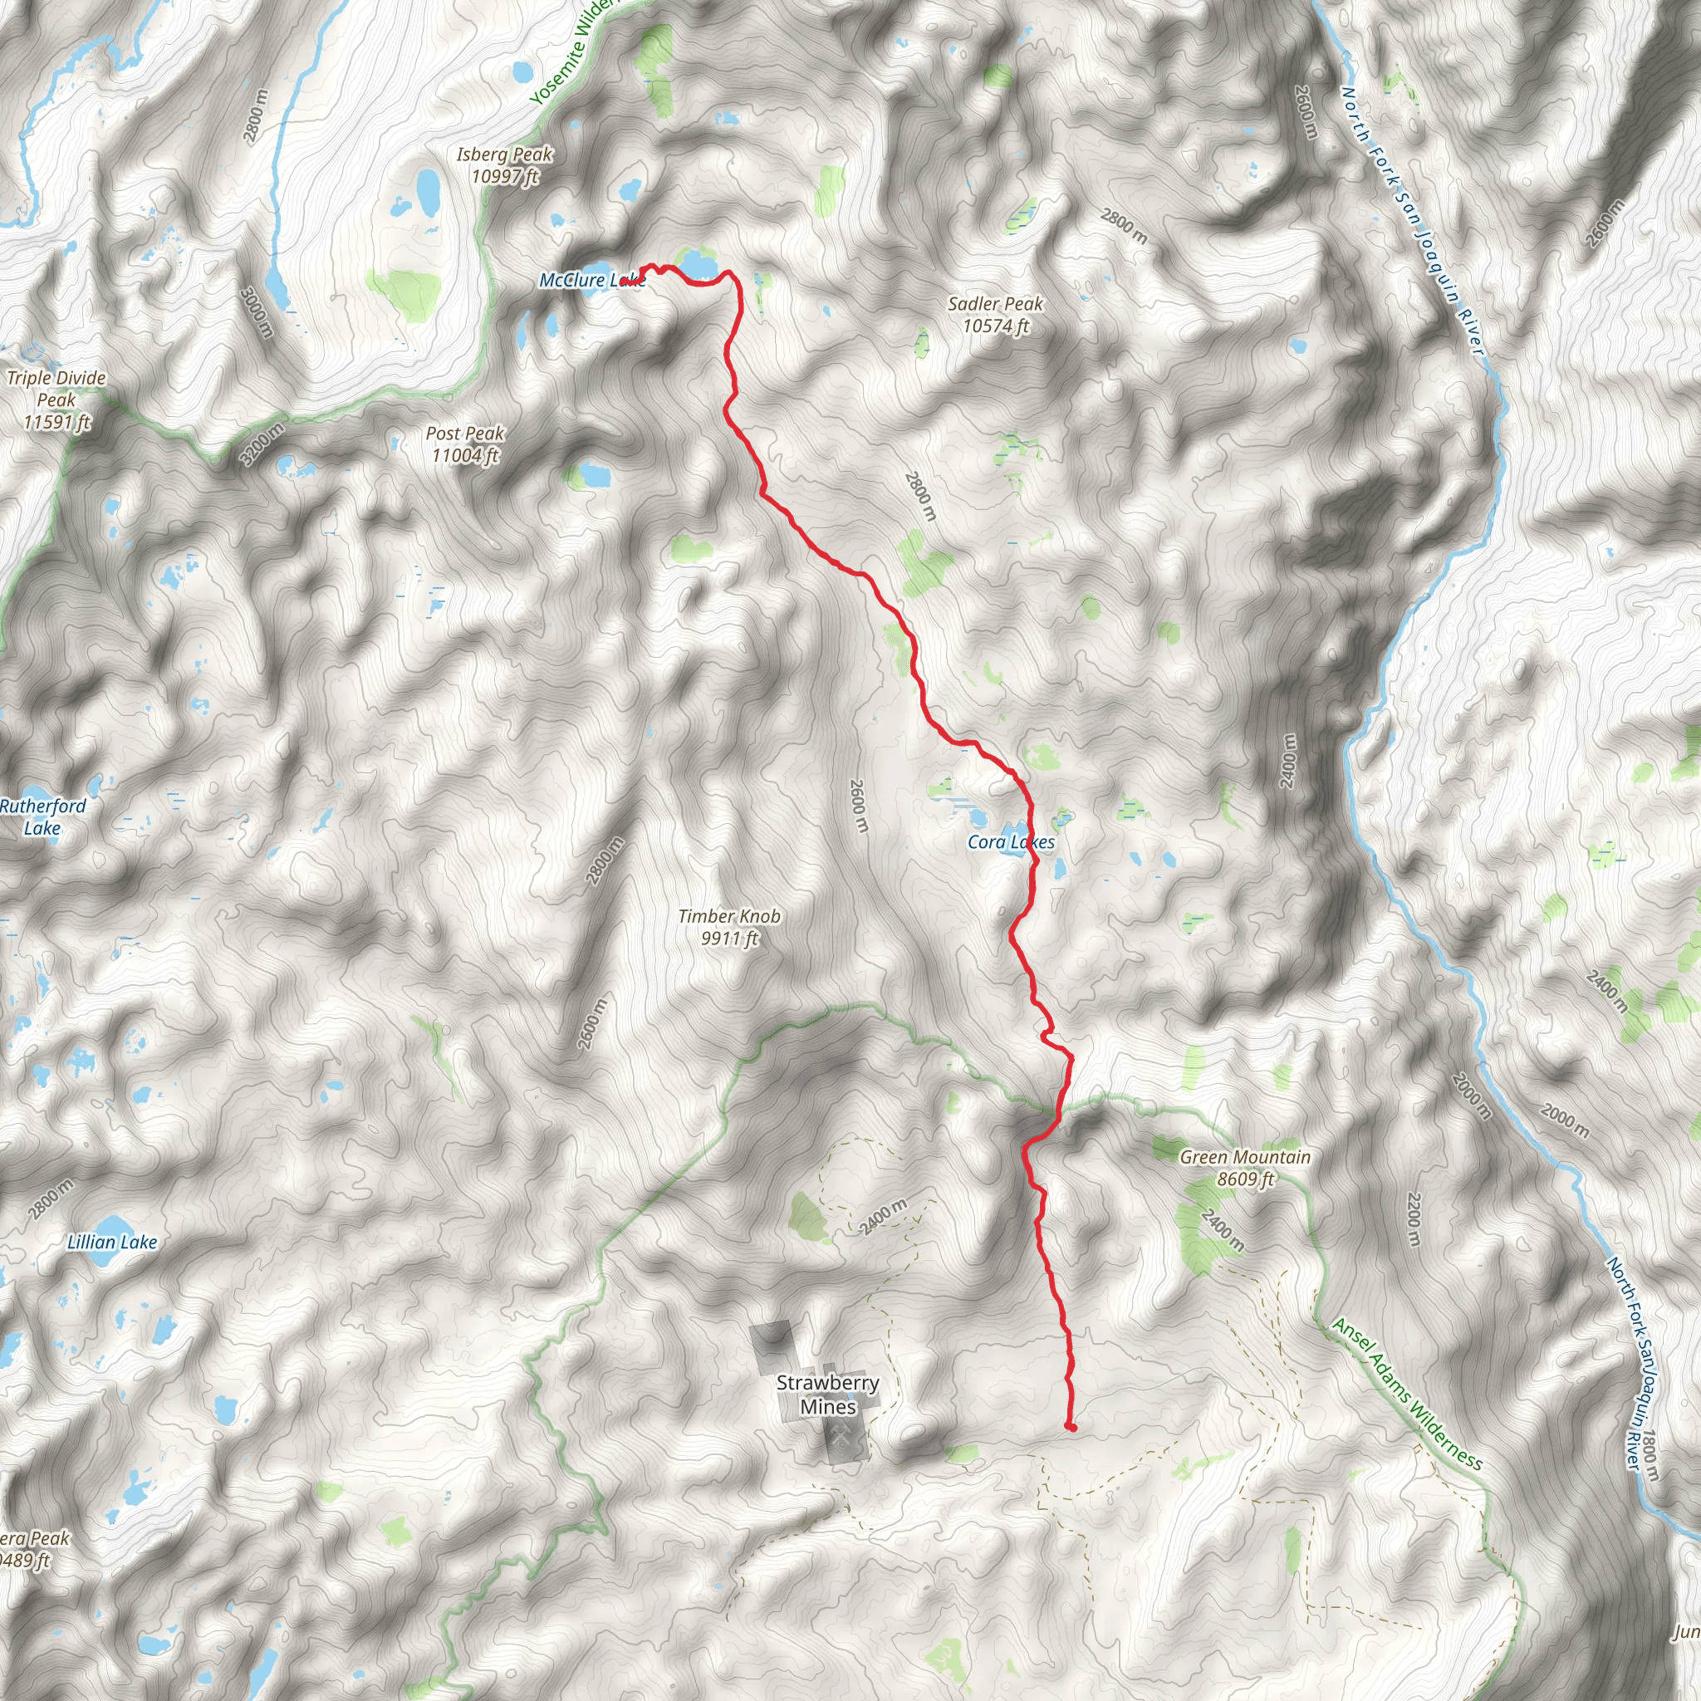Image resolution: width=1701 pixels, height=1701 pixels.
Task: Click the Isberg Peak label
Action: pos(504,165)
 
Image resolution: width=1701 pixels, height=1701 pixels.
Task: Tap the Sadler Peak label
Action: pos(995,315)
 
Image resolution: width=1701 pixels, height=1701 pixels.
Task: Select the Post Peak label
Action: pos(465,444)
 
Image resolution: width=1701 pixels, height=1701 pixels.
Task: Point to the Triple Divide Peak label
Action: pos(56,400)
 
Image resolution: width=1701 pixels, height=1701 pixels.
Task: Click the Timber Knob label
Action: pos(729,927)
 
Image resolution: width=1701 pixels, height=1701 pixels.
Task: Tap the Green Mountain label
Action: pos(1245,1168)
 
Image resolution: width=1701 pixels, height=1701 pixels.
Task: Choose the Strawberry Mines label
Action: pos(827,1395)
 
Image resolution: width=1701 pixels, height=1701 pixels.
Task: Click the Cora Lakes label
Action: pos(1011,841)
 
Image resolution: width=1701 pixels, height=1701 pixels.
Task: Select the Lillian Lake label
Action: pos(112,1243)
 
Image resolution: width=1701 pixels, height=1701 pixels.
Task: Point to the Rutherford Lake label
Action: pos(42,817)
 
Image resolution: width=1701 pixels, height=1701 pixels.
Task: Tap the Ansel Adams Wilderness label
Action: pos(1407,1394)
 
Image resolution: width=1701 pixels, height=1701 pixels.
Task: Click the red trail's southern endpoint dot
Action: pos(1071,1426)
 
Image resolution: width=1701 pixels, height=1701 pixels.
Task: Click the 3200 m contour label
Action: pos(262,444)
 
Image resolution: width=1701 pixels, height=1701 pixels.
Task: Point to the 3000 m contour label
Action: pos(256,311)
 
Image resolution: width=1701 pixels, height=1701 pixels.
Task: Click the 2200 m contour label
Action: pos(1414,1219)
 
